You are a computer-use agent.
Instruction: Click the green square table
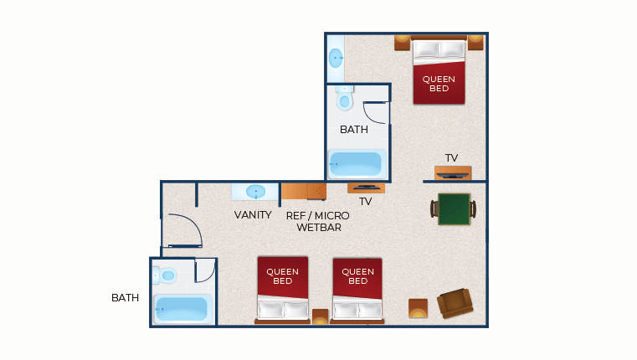[454, 209]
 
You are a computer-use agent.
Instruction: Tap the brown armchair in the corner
[455, 303]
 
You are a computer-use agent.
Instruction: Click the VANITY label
[253, 215]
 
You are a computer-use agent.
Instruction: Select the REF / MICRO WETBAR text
[318, 222]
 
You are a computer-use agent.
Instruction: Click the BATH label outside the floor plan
[125, 298]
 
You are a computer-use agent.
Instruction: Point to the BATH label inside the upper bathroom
[354, 130]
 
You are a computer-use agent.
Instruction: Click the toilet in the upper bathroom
[345, 97]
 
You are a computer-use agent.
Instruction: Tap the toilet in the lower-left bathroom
[165, 275]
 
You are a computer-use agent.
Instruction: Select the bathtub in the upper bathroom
[357, 164]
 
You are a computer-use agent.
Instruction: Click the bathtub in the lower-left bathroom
[182, 309]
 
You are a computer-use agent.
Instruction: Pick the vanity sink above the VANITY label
[255, 192]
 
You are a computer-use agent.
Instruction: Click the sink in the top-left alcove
[336, 58]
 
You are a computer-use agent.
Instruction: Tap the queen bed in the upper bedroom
[439, 69]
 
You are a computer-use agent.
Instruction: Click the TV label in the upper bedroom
[451, 157]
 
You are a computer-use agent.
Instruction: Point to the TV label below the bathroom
[365, 201]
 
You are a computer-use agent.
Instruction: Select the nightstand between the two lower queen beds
[320, 316]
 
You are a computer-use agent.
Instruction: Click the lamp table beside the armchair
[418, 308]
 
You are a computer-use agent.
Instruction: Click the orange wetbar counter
[304, 192]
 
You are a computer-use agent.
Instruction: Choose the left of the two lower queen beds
[283, 290]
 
